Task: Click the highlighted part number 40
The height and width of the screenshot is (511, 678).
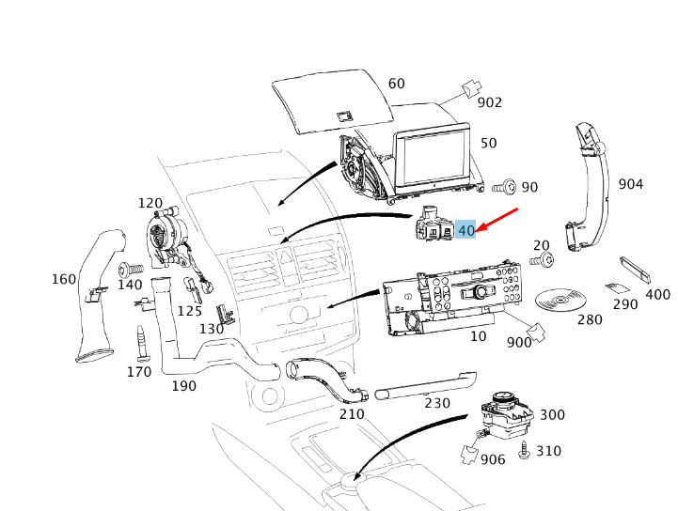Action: click(x=465, y=229)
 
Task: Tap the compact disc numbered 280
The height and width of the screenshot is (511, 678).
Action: click(x=560, y=300)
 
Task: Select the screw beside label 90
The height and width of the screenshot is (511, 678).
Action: click(x=504, y=188)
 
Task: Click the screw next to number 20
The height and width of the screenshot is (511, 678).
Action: click(x=543, y=260)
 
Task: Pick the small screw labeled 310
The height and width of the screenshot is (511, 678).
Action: click(x=524, y=451)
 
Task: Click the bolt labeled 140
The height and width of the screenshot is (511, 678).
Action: click(x=130, y=270)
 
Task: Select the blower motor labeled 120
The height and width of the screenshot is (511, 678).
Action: click(x=166, y=236)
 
